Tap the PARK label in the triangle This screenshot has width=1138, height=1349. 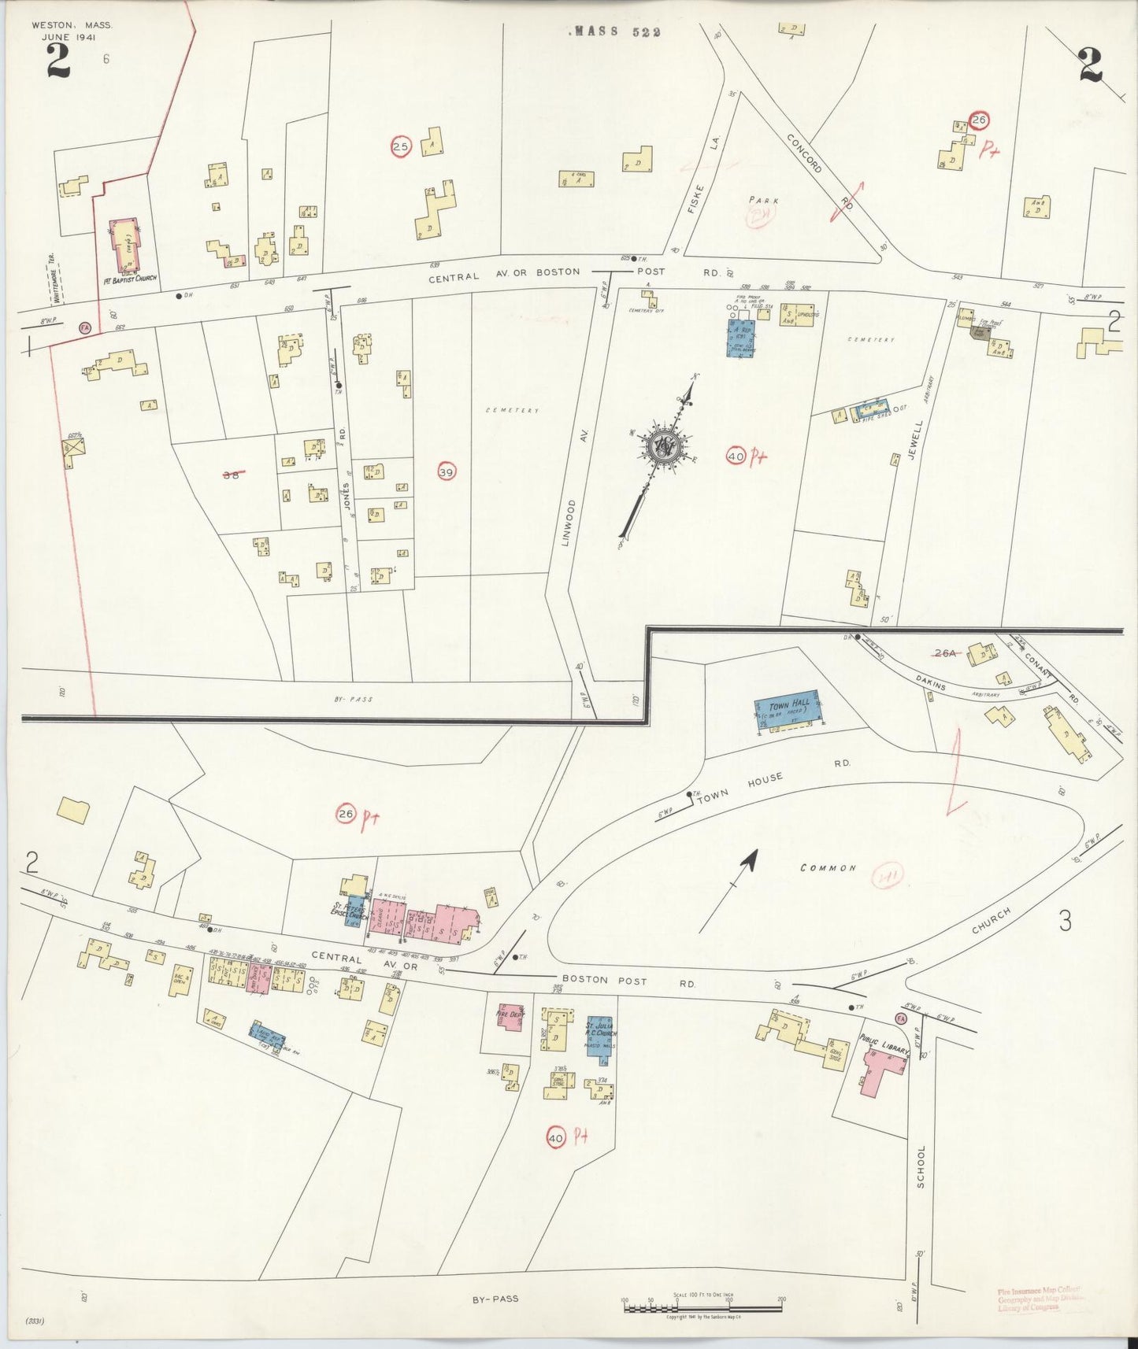pyautogui.click(x=764, y=201)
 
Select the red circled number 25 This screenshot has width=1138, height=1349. pyautogui.click(x=402, y=146)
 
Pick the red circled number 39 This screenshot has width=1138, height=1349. pyautogui.click(x=447, y=471)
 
